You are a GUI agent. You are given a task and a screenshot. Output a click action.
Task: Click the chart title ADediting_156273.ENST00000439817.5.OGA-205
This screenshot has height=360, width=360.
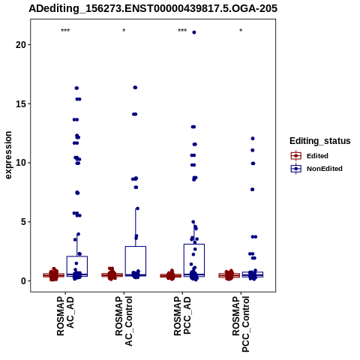[153, 8]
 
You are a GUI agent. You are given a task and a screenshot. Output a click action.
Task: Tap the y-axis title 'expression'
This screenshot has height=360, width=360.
[8, 155]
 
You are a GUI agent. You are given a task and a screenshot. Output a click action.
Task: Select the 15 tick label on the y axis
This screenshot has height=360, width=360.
[21, 103]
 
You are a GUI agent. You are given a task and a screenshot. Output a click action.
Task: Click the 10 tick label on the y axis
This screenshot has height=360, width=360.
[21, 163]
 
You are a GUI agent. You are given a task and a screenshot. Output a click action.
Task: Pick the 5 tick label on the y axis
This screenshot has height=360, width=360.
[23, 222]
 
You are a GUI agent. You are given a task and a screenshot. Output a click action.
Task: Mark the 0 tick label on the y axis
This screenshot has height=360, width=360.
[23, 280]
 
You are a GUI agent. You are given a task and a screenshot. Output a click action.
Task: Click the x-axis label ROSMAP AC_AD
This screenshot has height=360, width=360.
[65, 316]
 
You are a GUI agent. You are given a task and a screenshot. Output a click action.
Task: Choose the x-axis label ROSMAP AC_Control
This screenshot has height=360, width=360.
[124, 321]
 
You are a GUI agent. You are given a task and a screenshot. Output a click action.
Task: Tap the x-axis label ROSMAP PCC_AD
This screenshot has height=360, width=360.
[182, 316]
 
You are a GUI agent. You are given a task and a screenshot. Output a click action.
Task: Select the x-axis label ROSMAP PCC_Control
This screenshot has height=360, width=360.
[241, 324]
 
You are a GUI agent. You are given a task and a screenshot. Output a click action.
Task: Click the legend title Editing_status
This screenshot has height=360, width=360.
[320, 141]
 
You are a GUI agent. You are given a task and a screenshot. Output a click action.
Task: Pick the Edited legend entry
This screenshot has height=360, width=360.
[310, 156]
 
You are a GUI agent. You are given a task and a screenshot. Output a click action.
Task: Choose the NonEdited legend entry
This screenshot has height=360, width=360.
[316, 169]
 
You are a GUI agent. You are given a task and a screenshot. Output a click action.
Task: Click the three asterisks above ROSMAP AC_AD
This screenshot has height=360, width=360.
[65, 31]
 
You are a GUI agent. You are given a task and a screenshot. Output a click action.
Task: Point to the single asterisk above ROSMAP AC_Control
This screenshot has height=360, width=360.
[124, 31]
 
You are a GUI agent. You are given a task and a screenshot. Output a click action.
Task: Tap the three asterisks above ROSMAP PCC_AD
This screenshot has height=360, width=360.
[182, 31]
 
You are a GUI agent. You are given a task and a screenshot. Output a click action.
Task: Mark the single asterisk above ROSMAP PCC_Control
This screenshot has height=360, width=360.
[241, 31]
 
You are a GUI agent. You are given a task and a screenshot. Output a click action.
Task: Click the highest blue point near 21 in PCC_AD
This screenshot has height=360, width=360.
[194, 32]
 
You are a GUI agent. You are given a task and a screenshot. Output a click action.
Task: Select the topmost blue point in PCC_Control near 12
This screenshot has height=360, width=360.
[253, 139]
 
